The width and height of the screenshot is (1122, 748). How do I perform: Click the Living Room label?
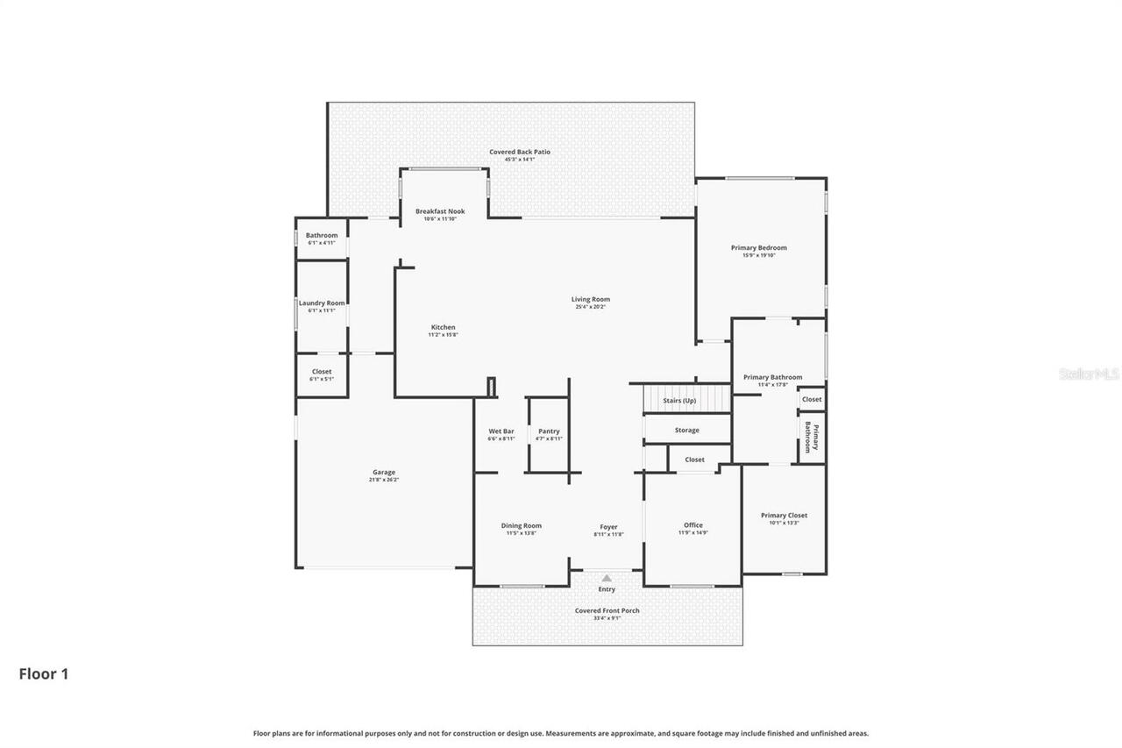[590, 300]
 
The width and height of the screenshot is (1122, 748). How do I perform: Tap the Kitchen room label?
[443, 328]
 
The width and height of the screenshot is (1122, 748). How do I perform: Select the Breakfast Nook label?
[440, 211]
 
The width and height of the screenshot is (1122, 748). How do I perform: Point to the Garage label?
[383, 473]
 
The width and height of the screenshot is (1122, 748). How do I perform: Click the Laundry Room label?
[322, 303]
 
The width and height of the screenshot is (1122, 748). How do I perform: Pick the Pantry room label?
[549, 431]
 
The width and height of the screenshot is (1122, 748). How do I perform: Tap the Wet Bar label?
[501, 431]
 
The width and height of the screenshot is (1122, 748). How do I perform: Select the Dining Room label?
[521, 526]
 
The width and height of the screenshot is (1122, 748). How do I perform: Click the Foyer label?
[608, 527]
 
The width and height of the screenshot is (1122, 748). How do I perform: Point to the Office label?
[692, 525]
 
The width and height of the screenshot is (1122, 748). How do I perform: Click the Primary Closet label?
[784, 516]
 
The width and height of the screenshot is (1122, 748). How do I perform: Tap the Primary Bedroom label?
[758, 248]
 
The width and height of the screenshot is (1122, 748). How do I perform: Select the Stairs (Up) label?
[679, 401]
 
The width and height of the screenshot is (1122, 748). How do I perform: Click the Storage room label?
[686, 431]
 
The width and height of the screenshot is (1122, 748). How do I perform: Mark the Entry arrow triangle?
[607, 578]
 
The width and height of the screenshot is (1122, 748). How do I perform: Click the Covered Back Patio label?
[520, 153]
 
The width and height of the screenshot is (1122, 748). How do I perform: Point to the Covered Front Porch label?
[607, 611]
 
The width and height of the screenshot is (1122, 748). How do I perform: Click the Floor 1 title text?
[44, 674]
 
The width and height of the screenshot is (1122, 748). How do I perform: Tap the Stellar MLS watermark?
[1090, 374]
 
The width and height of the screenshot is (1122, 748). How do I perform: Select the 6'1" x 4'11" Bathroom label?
[321, 236]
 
